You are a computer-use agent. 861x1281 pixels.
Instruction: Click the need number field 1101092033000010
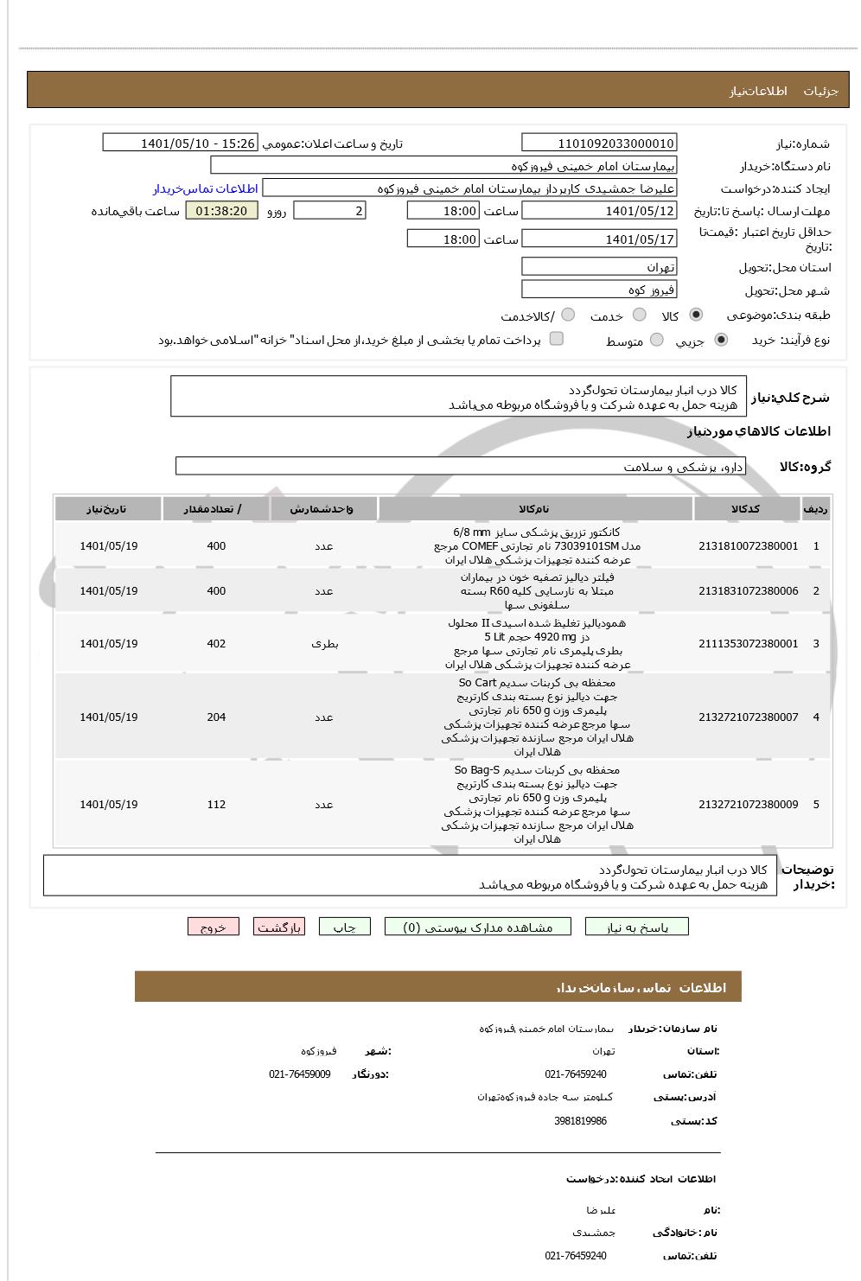tap(599, 143)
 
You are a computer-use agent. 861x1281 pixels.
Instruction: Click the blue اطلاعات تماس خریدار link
tap(206, 188)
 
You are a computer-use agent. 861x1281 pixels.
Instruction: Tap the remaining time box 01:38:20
tap(221, 211)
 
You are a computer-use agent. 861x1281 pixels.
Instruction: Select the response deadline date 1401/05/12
tap(599, 211)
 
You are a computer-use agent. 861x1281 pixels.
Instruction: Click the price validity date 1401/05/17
tap(599, 239)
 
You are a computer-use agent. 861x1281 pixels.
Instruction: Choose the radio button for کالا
tap(696, 315)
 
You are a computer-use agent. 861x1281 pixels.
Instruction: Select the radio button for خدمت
tap(640, 315)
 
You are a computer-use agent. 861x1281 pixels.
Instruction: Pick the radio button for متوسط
tap(657, 341)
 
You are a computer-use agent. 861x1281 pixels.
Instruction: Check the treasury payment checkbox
tap(557, 339)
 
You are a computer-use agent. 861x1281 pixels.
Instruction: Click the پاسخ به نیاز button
tap(637, 927)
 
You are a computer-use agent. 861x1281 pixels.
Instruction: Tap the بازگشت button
tap(278, 927)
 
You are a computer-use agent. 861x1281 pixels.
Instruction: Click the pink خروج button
tap(213, 927)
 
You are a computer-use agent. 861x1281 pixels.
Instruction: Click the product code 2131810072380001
tap(748, 546)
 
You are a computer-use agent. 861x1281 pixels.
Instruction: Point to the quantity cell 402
tap(216, 644)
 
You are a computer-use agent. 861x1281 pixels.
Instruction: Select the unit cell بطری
tap(324, 644)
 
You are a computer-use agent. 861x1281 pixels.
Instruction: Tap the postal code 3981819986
tap(580, 1121)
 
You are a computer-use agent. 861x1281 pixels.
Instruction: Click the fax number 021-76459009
tap(299, 1074)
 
